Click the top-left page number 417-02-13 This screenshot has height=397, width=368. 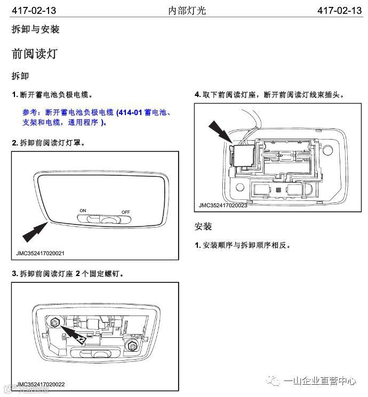coord(34,10)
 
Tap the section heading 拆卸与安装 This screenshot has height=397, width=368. coord(35,30)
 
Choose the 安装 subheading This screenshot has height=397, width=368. coord(203,226)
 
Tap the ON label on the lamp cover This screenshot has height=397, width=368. coord(83,210)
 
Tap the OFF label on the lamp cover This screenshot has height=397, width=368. coord(126,212)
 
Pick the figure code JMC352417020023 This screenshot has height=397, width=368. coord(223,205)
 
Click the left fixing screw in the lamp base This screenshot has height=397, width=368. coord(55,322)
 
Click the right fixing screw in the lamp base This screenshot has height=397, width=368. coord(131,347)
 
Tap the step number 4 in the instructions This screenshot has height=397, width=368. coord(197,94)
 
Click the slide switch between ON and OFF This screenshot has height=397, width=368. coord(104,218)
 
